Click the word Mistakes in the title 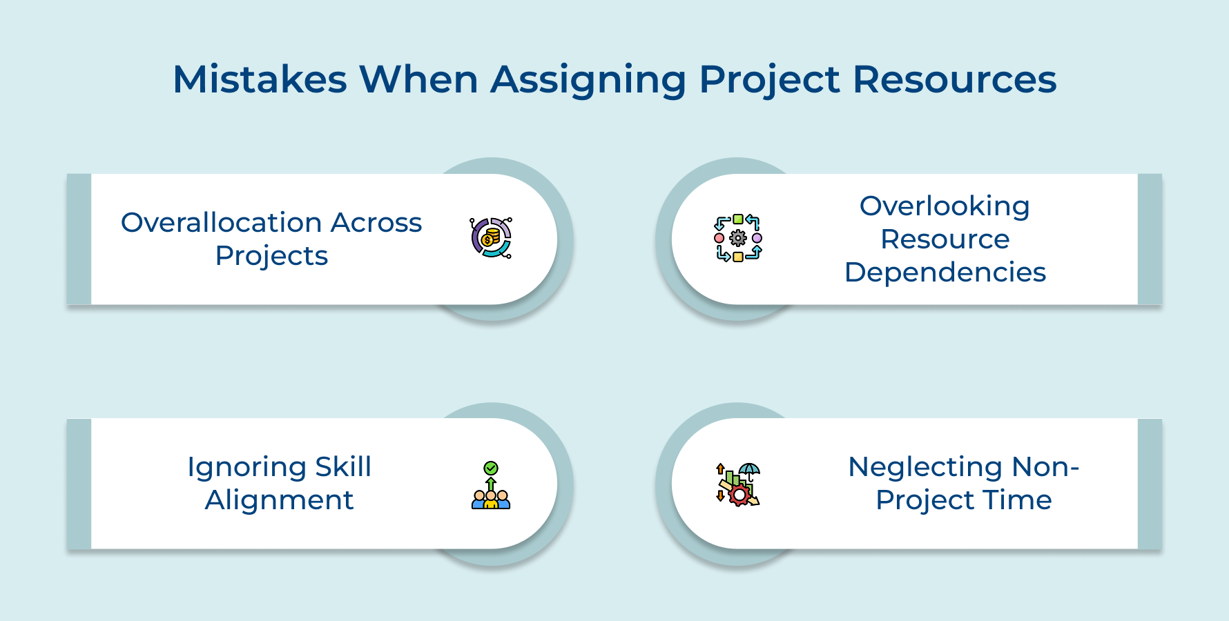[x=260, y=79]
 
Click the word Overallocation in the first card [x=222, y=223]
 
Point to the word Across [x=376, y=223]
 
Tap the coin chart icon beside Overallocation [x=491, y=238]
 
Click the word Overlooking [x=945, y=206]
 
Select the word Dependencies [x=945, y=273]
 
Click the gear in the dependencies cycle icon [x=738, y=238]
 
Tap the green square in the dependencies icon [x=738, y=219]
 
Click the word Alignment [x=279, y=500]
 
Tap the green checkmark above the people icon [x=491, y=469]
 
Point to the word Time [x=1025, y=500]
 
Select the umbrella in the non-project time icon [x=749, y=471]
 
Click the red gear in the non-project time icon [x=739, y=495]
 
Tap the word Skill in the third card [x=343, y=467]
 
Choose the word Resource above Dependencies [x=945, y=239]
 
